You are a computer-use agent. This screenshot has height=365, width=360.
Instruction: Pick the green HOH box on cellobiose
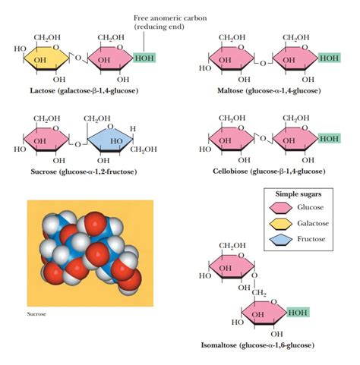pyautogui.click(x=328, y=139)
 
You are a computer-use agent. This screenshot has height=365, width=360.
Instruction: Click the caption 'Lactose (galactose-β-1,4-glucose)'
pyautogui.click(x=78, y=90)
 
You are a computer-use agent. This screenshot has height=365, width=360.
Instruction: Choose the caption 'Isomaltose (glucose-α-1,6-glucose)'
pyautogui.click(x=258, y=345)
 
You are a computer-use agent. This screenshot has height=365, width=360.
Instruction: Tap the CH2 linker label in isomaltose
pyautogui.click(x=261, y=293)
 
